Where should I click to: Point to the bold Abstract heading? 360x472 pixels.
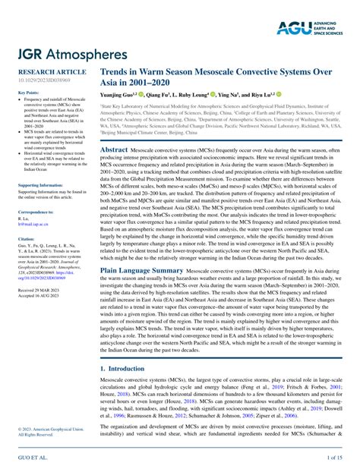click(114, 150)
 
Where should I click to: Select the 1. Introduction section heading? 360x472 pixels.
click(125, 367)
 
